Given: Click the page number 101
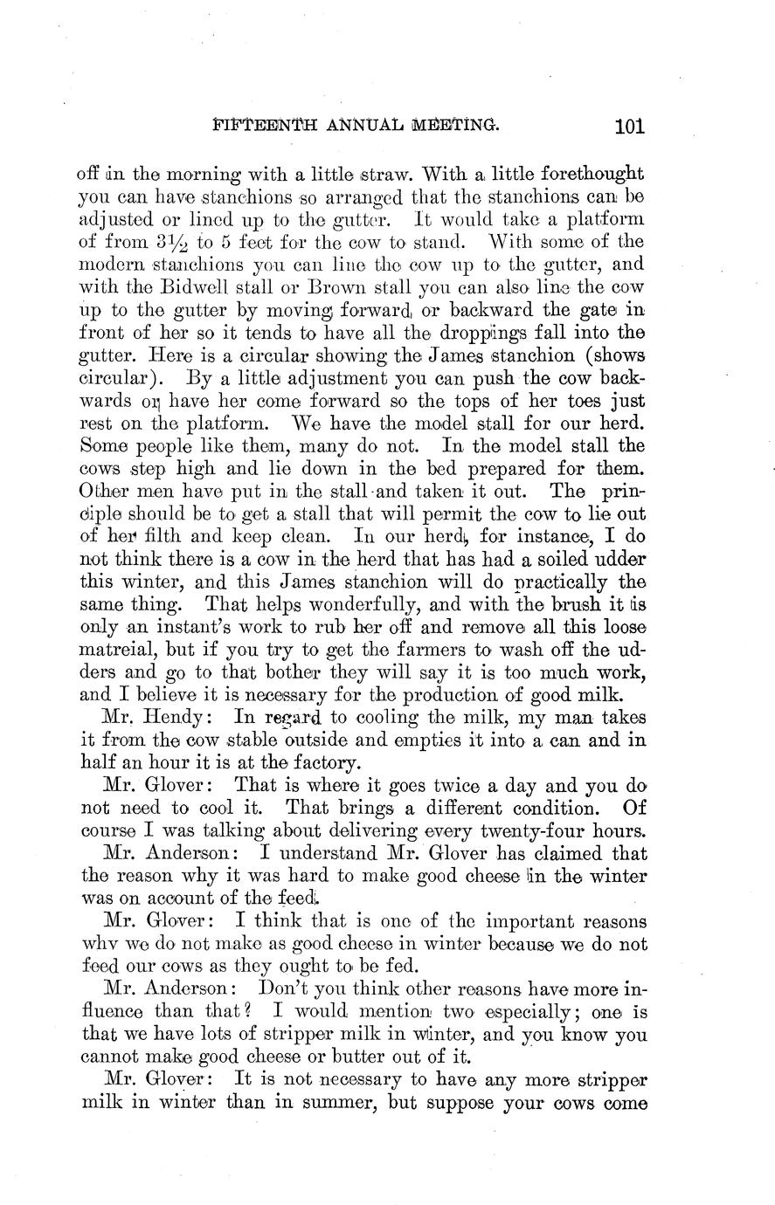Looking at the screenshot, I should tap(629, 126).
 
